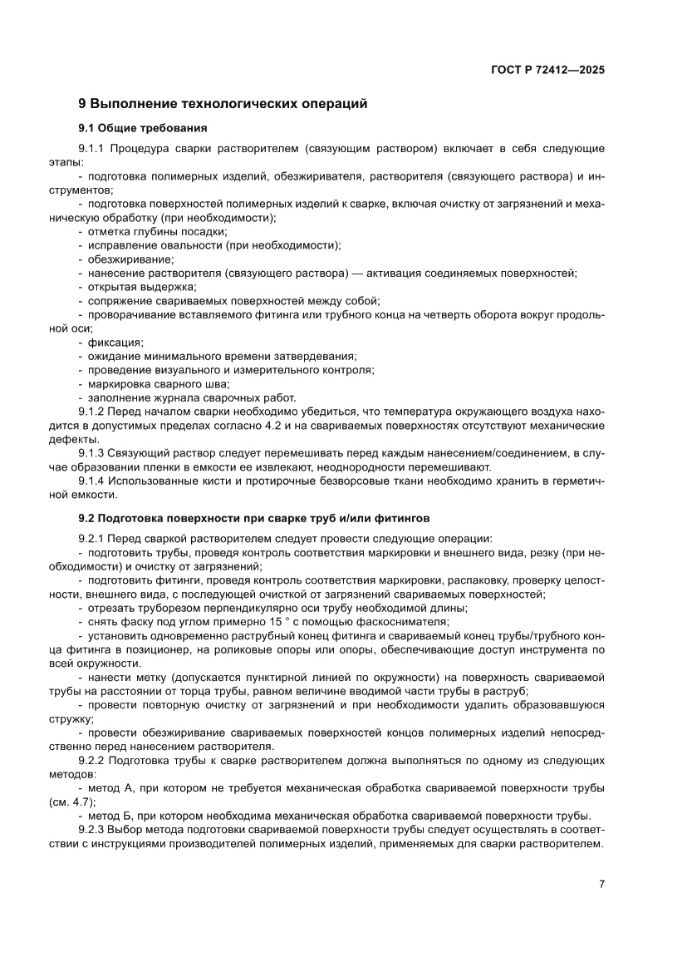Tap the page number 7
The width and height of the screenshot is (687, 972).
click(601, 884)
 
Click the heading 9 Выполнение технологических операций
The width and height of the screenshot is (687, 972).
click(223, 104)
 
